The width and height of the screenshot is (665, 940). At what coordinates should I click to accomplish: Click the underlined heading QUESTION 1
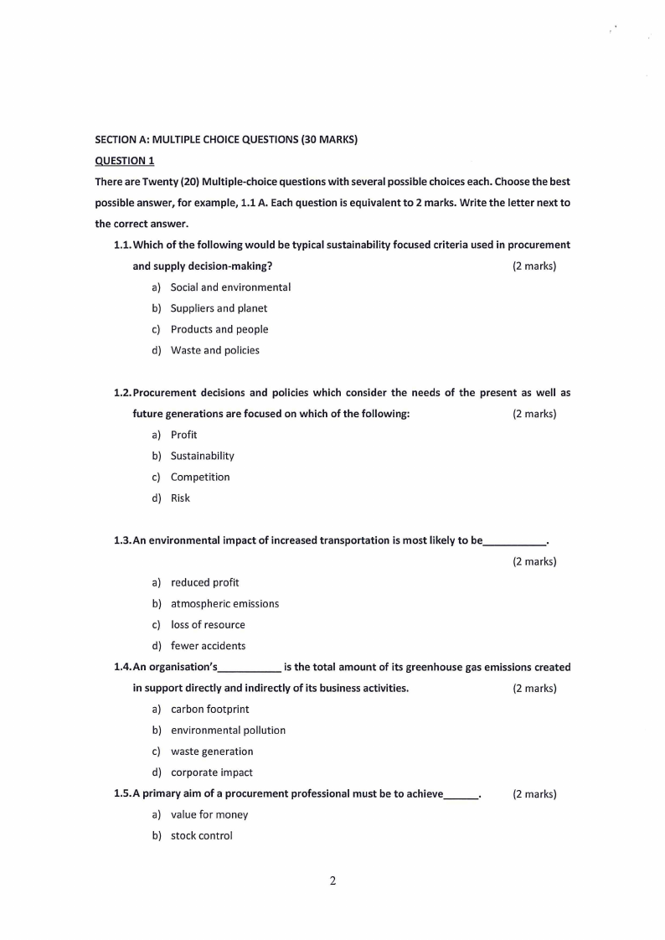124,161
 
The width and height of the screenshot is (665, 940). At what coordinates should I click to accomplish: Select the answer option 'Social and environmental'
230,287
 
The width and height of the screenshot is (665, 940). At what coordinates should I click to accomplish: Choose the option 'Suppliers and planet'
219,308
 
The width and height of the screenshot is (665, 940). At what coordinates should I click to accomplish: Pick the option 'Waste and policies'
214,350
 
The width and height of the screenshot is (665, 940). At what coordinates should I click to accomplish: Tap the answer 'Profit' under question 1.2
183,435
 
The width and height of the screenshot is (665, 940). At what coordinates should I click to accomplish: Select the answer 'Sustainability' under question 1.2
202,456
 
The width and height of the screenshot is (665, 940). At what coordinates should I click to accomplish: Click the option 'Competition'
199,477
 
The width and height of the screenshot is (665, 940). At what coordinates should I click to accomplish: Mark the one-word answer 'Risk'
180,498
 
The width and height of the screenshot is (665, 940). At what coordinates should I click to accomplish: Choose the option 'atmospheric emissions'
224,603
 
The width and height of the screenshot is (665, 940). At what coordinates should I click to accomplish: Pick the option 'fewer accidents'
208,646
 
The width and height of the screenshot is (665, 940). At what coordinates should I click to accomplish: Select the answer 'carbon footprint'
209,709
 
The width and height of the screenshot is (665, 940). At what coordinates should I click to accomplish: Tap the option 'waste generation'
211,751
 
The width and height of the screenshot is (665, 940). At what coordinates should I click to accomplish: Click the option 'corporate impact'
211,772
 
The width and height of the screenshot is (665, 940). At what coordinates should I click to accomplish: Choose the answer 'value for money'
209,814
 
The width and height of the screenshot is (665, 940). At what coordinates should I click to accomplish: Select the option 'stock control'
201,835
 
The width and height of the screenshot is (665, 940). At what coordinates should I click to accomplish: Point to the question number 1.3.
121,540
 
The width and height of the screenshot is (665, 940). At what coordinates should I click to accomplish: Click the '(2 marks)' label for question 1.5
534,793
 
